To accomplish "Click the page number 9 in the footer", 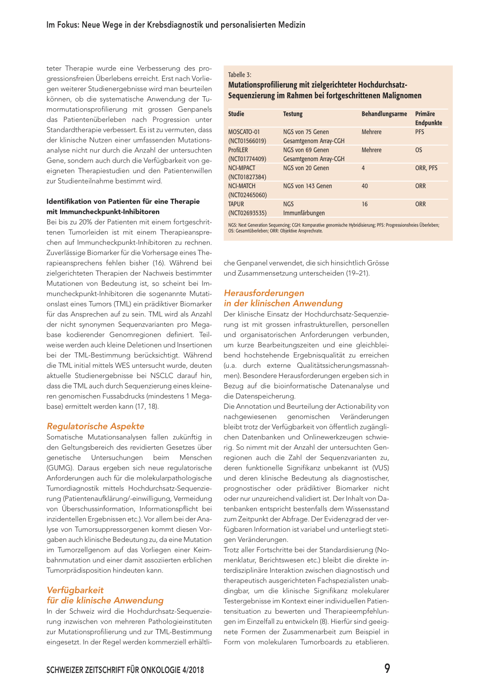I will click(387, 668).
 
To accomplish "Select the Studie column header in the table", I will click(236, 114).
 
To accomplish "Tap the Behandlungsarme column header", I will click(384, 114).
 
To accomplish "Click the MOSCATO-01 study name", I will click(244, 132).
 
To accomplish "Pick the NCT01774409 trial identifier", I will click(247, 159).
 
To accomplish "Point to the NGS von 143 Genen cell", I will click(307, 186).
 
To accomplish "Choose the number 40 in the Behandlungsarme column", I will click(365, 186).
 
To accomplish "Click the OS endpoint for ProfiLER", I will click(418, 150).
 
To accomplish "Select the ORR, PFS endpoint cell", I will click(426, 168).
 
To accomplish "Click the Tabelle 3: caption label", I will click(239, 75).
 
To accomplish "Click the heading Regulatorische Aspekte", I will click(95, 426).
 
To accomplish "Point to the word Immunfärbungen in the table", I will click(304, 213).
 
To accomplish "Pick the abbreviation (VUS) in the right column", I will click(380, 468).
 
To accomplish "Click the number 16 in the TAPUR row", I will click(365, 204).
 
